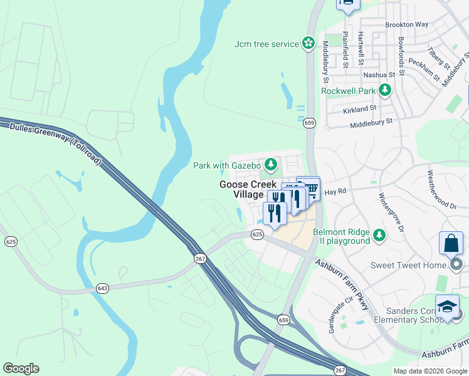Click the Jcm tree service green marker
coord(308,43)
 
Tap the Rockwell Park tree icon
coord(384,91)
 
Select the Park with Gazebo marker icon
coord(270,165)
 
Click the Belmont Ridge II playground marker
coord(379,236)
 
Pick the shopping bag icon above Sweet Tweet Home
coord(451,243)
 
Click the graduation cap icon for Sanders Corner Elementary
coord(446,306)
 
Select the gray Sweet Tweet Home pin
coord(457,265)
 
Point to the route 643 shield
coord(102,288)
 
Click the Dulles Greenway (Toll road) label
coord(55,144)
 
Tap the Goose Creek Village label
coord(241,189)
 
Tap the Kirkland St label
coord(359,108)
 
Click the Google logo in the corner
coord(21,368)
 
